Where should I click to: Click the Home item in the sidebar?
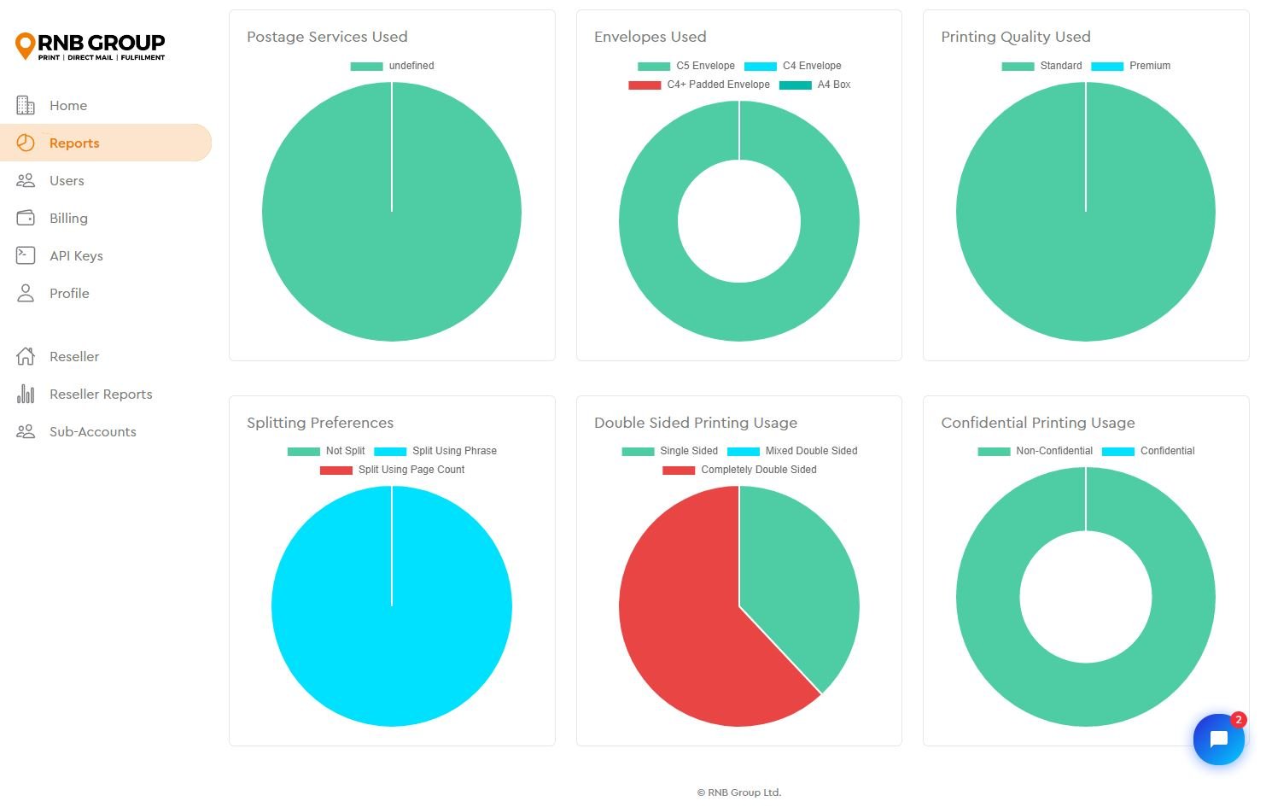click(x=67, y=106)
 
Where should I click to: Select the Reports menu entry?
click(x=74, y=143)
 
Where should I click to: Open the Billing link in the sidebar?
click(x=68, y=219)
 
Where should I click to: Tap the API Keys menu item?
click(x=76, y=256)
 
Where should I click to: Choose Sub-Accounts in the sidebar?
click(x=92, y=432)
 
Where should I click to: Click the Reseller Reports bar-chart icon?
click(x=26, y=395)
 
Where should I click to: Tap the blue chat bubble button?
click(x=1218, y=740)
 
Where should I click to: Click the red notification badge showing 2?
click(x=1239, y=720)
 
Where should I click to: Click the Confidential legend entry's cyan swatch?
click(x=1117, y=451)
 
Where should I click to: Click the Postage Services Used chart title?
click(x=327, y=37)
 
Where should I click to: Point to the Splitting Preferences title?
click(x=320, y=423)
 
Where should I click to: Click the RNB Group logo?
click(x=90, y=46)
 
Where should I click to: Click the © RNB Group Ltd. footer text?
click(x=738, y=792)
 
